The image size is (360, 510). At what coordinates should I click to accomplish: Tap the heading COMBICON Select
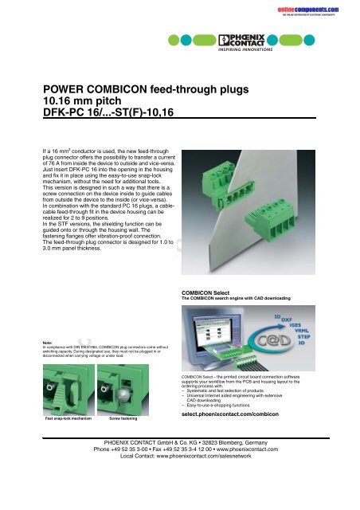pyautogui.click(x=212, y=293)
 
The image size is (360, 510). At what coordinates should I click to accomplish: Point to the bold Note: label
pyautogui.click(x=50, y=343)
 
